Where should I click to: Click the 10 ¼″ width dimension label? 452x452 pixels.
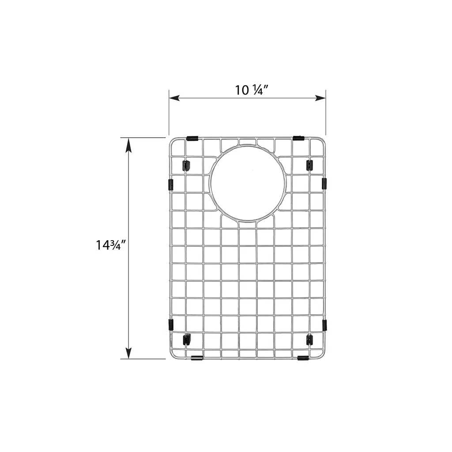tap(252, 90)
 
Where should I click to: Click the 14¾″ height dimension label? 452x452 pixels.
tap(111, 245)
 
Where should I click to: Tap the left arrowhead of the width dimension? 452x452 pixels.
tap(174, 98)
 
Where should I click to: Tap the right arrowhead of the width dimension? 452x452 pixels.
tap(320, 98)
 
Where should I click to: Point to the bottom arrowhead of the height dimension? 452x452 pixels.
tap(128, 353)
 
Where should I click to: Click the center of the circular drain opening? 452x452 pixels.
tap(248, 184)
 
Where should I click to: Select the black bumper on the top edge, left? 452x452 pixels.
tap(192, 138)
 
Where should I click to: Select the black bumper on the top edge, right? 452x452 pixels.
tap(298, 138)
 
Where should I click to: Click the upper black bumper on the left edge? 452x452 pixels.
tap(170, 185)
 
